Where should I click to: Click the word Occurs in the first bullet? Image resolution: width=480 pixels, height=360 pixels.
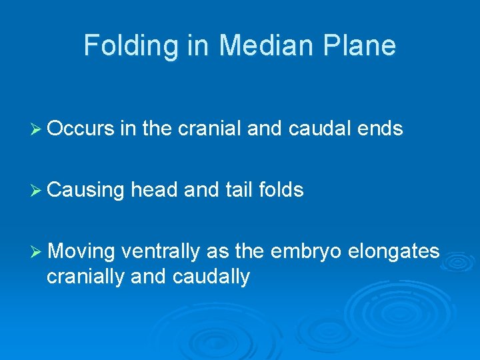click(81, 129)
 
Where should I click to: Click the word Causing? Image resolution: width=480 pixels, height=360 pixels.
click(86, 191)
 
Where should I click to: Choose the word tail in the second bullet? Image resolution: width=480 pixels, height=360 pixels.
click(231, 190)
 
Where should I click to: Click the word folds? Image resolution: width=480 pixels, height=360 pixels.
click(279, 190)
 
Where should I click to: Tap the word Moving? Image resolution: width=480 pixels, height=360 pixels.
click(82, 251)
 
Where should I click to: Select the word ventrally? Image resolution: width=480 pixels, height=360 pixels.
click(162, 251)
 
